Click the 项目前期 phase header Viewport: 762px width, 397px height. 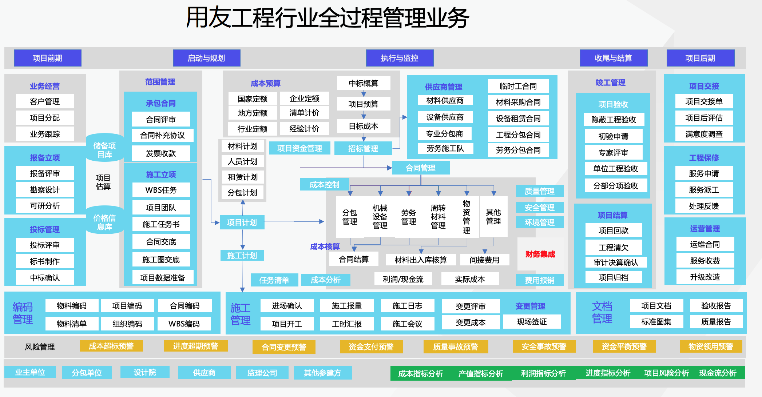point(47,58)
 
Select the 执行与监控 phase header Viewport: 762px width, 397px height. point(400,58)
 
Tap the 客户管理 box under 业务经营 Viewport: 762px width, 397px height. point(45,101)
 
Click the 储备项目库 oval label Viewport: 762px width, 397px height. point(104,150)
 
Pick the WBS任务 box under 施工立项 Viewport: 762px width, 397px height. point(161,190)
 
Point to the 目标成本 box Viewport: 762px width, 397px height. point(363,126)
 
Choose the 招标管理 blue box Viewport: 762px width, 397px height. point(363,148)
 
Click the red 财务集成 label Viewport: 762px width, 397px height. point(540,254)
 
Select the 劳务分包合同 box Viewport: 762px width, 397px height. point(518,150)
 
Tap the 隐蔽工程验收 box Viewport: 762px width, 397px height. point(614,120)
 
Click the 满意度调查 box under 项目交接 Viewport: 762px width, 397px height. point(704,134)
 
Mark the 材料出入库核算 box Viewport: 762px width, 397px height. point(421,260)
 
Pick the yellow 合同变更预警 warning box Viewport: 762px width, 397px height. point(284,347)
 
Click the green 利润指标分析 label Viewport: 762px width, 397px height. point(543,373)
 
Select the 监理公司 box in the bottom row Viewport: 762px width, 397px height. point(262,373)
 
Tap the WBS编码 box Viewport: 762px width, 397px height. point(184,324)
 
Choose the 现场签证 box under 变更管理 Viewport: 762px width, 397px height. point(532,322)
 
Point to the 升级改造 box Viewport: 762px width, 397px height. point(705,277)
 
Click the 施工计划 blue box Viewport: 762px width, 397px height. point(242,256)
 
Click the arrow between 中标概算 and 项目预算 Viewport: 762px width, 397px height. point(364,93)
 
